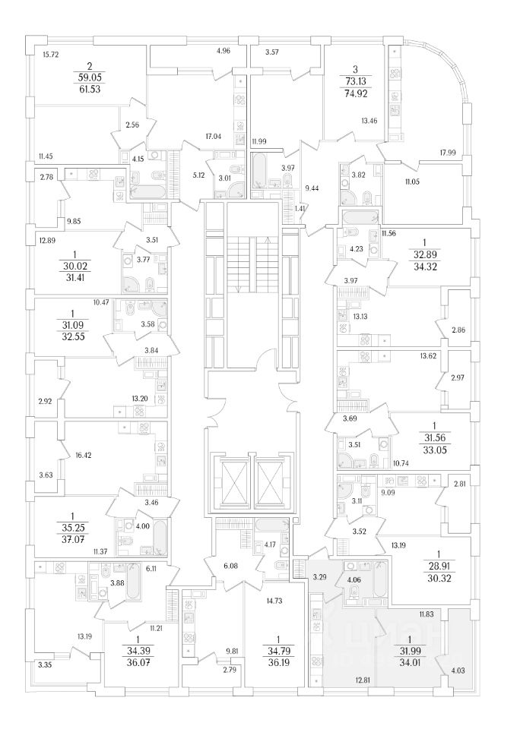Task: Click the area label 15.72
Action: pos(51,55)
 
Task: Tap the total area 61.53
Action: pos(88,89)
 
